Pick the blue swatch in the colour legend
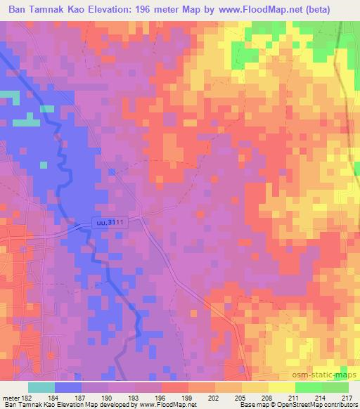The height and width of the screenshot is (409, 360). [67, 387]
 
